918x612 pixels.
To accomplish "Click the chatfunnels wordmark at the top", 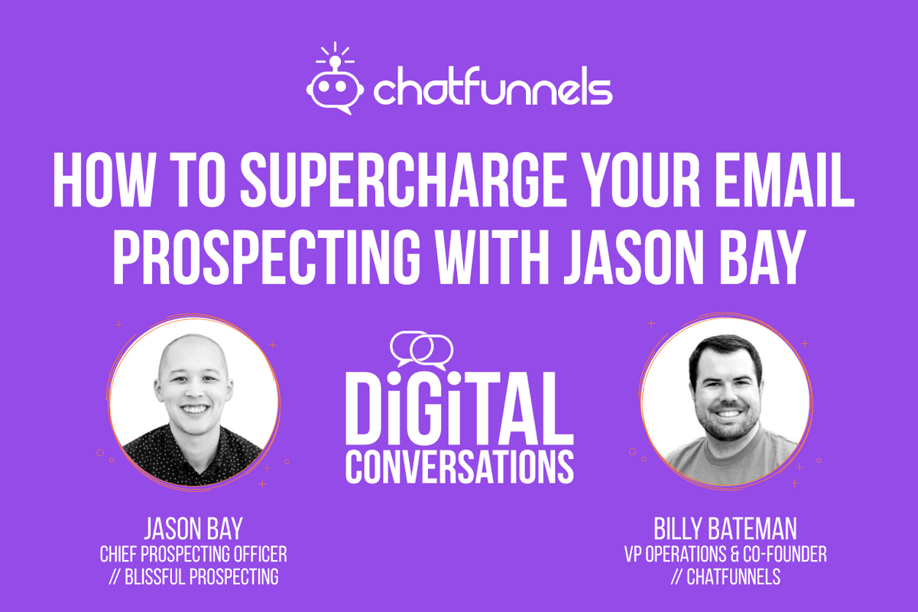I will tap(492, 90).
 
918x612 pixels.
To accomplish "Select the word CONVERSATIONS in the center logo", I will tap(459, 466).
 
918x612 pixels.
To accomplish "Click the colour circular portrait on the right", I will tap(725, 401).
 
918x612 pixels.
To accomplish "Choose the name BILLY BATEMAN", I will tap(725, 530).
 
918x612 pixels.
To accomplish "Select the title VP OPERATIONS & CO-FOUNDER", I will tap(725, 554).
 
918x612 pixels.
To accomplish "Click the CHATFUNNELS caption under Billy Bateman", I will tap(725, 577).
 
